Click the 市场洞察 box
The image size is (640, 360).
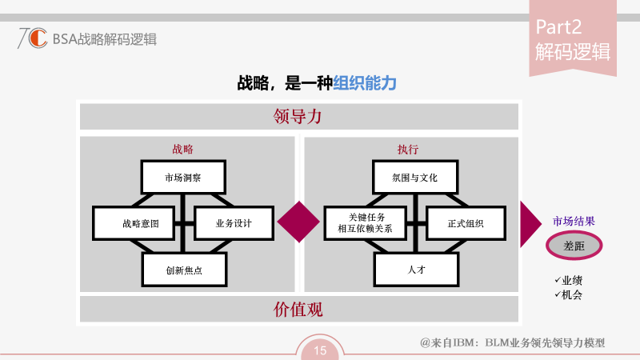tap(183, 177)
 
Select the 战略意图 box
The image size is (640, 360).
tap(134, 223)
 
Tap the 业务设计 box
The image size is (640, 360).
tap(234, 223)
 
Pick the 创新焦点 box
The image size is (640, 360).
tap(184, 270)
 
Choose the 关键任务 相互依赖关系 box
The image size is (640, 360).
tap(366, 223)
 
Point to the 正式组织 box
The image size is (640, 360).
tap(466, 223)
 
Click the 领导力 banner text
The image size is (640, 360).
tap(298, 117)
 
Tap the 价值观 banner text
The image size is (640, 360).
tap(298, 310)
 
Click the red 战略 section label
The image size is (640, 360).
tap(182, 149)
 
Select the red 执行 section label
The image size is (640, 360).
tap(408, 149)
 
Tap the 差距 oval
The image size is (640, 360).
tap(574, 246)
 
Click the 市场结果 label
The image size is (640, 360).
tap(574, 222)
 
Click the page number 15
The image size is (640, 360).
tap(320, 350)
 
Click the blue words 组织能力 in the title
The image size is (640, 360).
tap(366, 82)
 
